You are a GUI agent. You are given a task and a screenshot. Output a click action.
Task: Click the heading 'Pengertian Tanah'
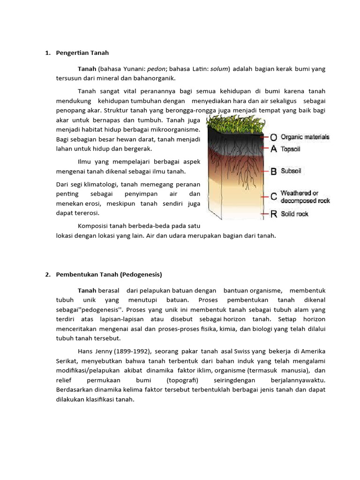tap(82, 53)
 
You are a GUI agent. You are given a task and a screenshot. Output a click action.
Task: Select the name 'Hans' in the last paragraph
tap(86, 351)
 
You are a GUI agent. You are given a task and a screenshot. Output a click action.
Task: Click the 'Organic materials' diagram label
tap(305, 137)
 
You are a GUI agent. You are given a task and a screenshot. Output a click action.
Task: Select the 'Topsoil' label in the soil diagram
tap(291, 149)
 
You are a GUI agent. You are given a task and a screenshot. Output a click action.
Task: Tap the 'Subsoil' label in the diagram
tap(291, 172)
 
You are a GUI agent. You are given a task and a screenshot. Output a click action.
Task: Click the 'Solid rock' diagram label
tap(294, 214)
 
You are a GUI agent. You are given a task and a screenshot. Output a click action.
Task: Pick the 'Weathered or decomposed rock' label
tap(305, 197)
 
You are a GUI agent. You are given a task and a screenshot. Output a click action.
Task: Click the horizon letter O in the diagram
tap(273, 138)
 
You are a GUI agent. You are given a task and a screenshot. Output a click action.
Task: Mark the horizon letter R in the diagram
tap(273, 214)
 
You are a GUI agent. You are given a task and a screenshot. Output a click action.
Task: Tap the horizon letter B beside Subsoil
tap(273, 172)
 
